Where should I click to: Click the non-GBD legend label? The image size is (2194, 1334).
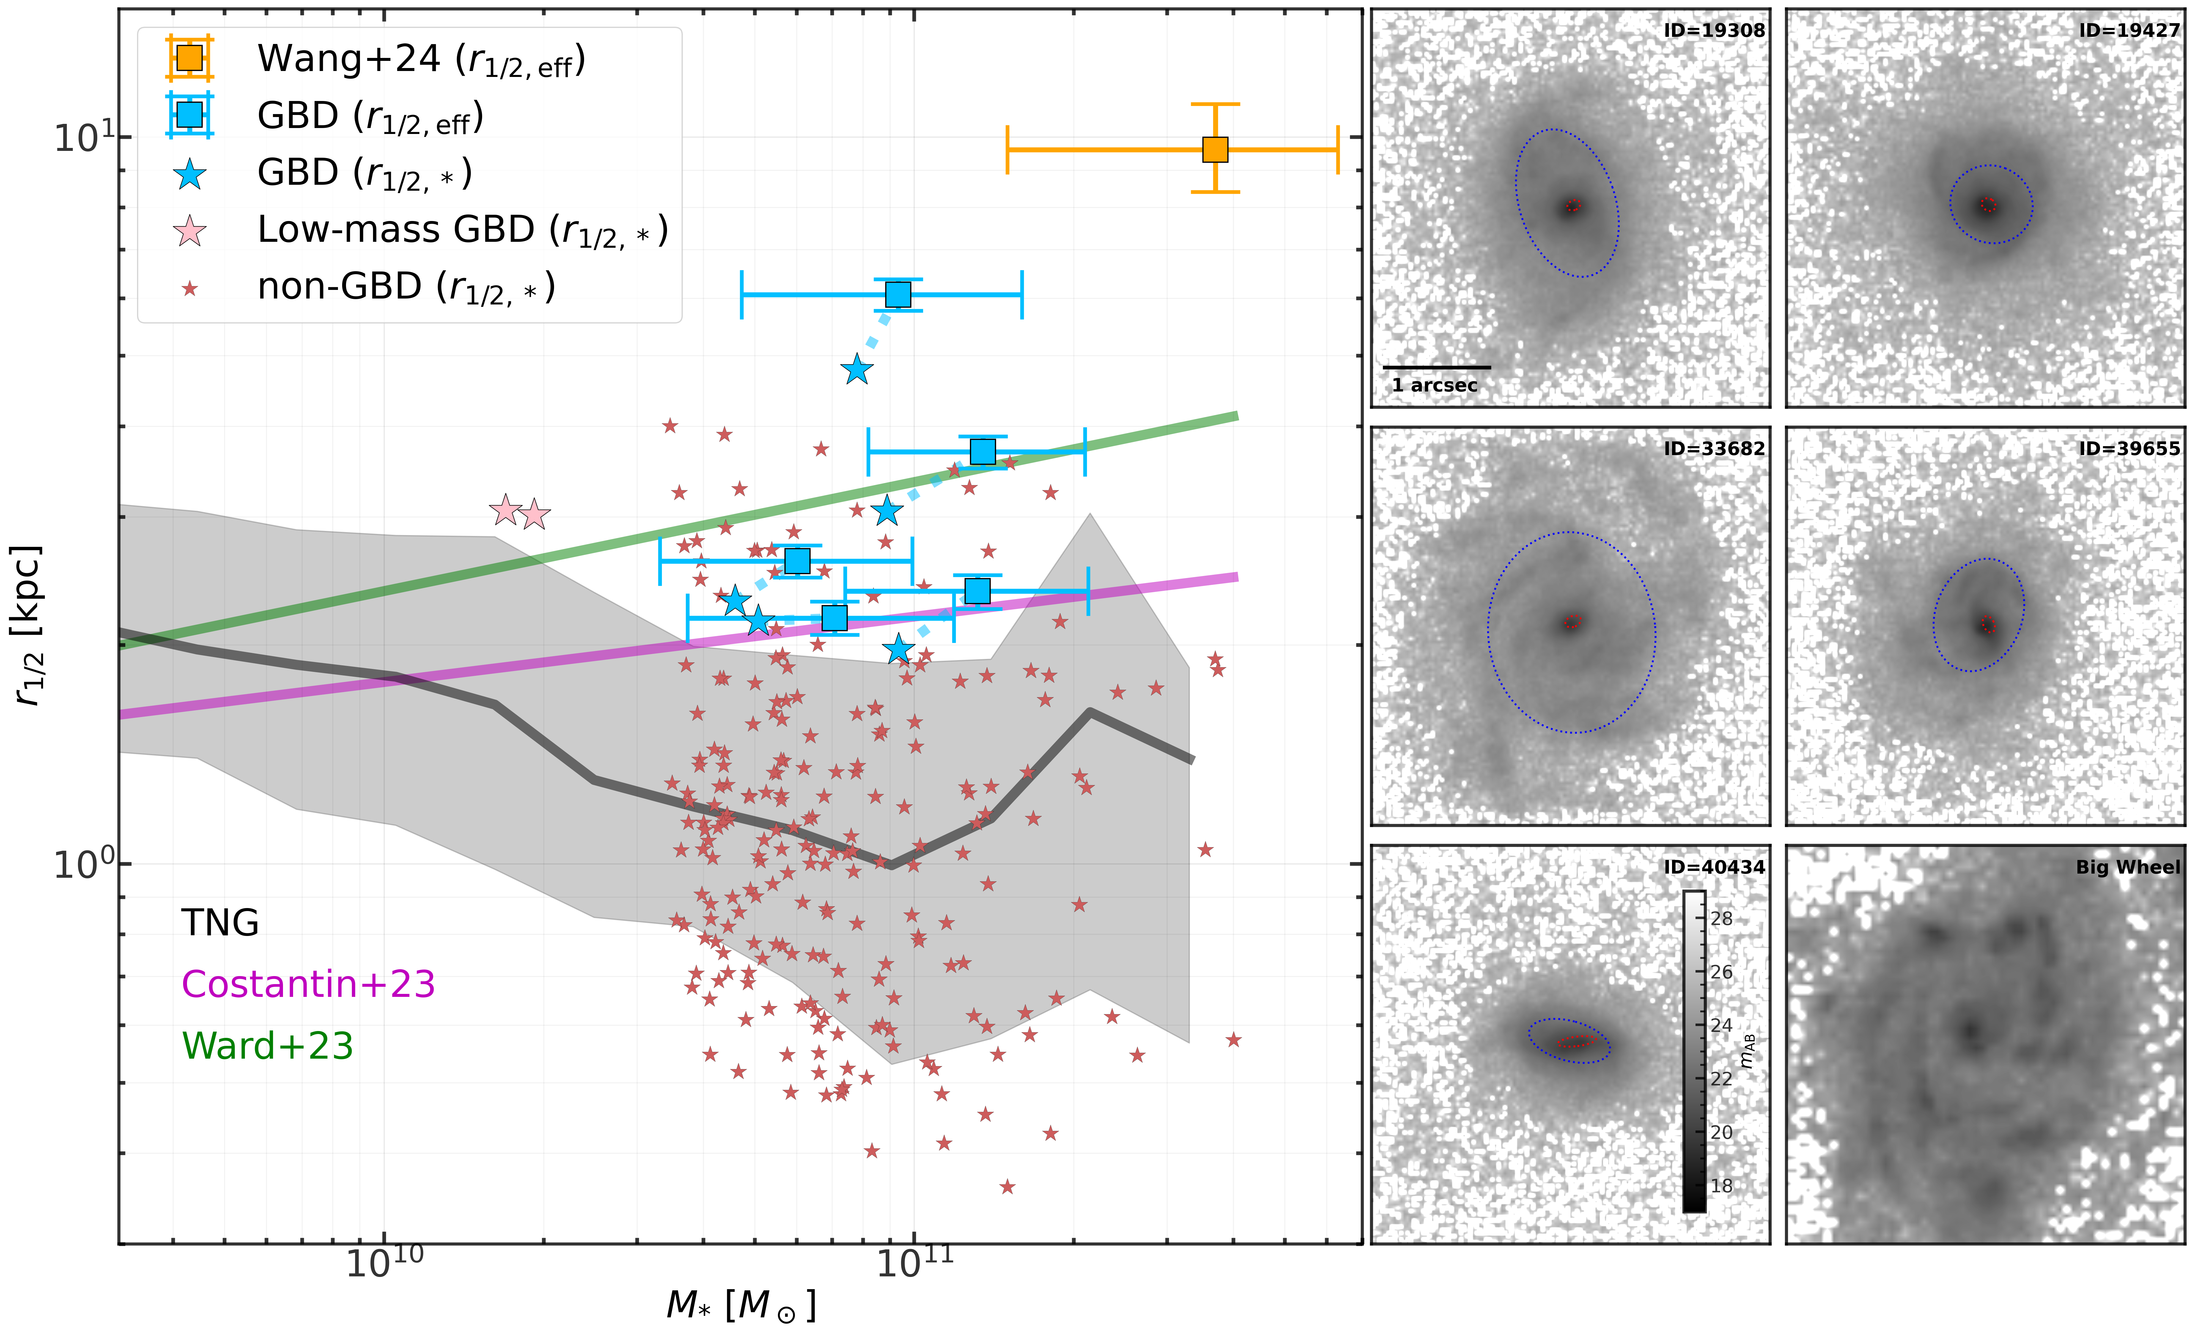coord(406,288)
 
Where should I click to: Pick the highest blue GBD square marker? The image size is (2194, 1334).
coord(898,295)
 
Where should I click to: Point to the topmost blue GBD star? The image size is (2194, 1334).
coord(857,369)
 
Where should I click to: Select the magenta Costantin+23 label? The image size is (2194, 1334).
coord(308,984)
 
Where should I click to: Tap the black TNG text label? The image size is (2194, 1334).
coord(220,923)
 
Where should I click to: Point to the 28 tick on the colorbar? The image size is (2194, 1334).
coord(1721,918)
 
